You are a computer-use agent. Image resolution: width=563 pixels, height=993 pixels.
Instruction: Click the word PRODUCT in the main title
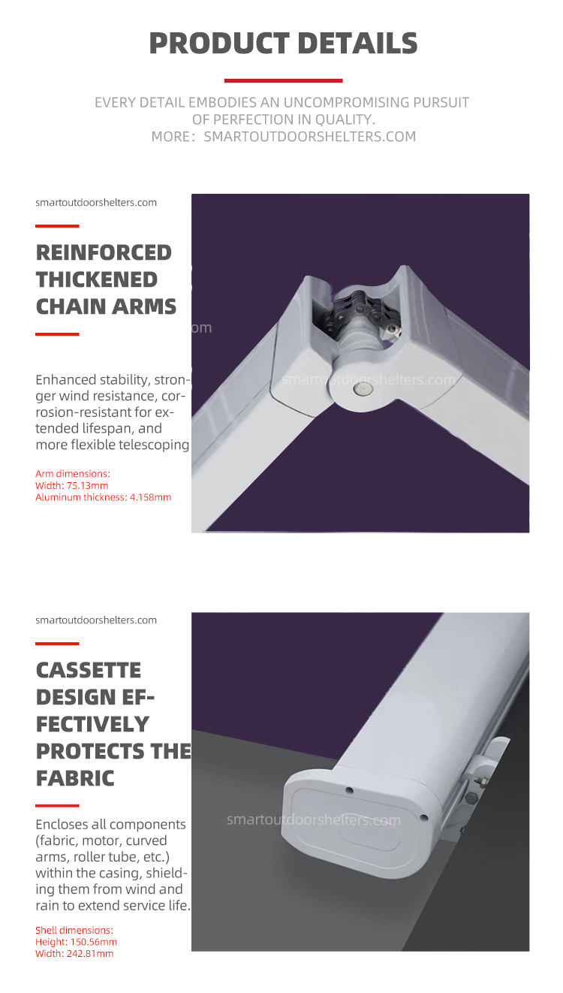point(219,44)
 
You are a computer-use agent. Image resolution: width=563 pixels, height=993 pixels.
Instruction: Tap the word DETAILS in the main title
point(357,44)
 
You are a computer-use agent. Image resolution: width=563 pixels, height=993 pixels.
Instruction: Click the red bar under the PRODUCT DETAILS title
point(284,80)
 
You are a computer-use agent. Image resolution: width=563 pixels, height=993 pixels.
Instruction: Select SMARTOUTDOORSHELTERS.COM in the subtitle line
point(309,137)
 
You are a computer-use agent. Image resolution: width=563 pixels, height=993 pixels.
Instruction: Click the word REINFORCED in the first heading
point(104,252)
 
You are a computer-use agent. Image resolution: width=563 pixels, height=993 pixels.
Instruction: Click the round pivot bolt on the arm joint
point(363,389)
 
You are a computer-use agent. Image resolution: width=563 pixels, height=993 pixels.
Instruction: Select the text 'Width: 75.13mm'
point(72,485)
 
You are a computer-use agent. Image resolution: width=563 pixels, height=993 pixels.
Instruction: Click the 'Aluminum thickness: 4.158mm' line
point(103,497)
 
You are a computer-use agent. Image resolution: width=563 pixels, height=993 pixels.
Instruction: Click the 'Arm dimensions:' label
point(73,473)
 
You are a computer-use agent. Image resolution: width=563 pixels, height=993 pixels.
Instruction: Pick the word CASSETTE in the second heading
point(89,670)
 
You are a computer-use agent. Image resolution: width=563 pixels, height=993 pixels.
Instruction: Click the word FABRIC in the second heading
point(75,778)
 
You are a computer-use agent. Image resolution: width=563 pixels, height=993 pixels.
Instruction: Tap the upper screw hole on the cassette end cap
point(349,790)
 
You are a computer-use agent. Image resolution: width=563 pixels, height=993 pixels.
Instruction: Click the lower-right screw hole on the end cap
point(423,817)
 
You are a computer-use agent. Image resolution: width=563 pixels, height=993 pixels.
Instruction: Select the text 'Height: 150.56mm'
point(76,942)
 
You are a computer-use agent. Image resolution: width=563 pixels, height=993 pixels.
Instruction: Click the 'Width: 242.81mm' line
point(74,953)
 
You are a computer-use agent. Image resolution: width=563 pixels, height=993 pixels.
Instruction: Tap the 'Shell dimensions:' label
point(74,930)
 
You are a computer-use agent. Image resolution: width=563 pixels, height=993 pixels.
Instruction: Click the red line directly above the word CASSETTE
point(57,644)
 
